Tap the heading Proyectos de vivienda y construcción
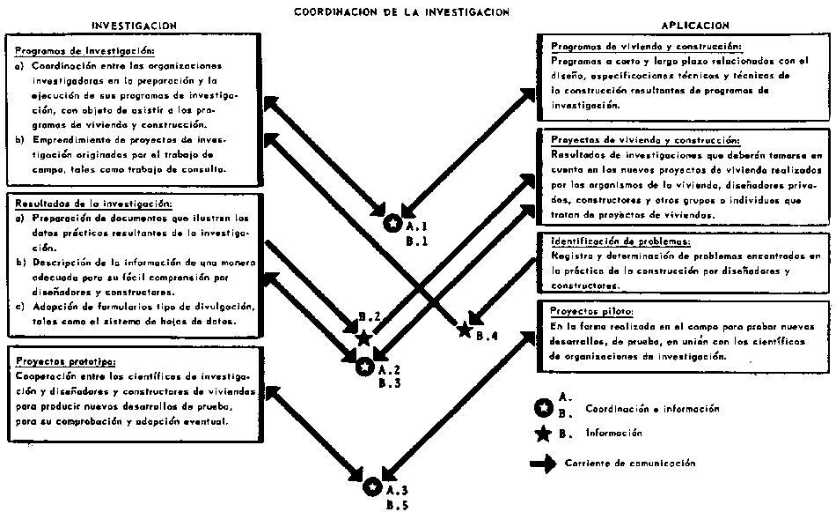645,141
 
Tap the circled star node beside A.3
373,486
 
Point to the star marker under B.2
363,338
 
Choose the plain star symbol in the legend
544,433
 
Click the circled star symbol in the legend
544,408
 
